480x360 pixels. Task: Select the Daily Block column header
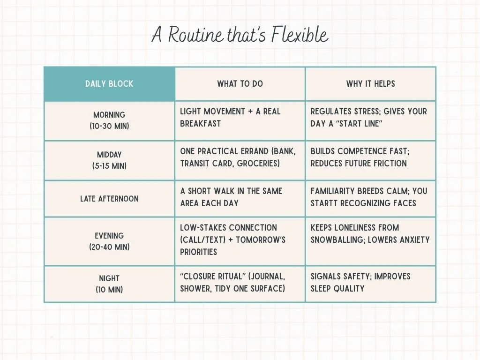(x=109, y=84)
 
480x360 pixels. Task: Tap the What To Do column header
(x=240, y=84)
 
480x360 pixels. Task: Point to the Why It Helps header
(x=371, y=84)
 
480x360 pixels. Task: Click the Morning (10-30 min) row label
(x=109, y=120)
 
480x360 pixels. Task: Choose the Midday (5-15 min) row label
(x=109, y=160)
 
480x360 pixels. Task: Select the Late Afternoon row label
(x=109, y=199)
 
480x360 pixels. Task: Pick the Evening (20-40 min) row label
(x=109, y=241)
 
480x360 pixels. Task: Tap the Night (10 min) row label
(x=109, y=284)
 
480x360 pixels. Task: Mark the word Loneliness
(x=358, y=227)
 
